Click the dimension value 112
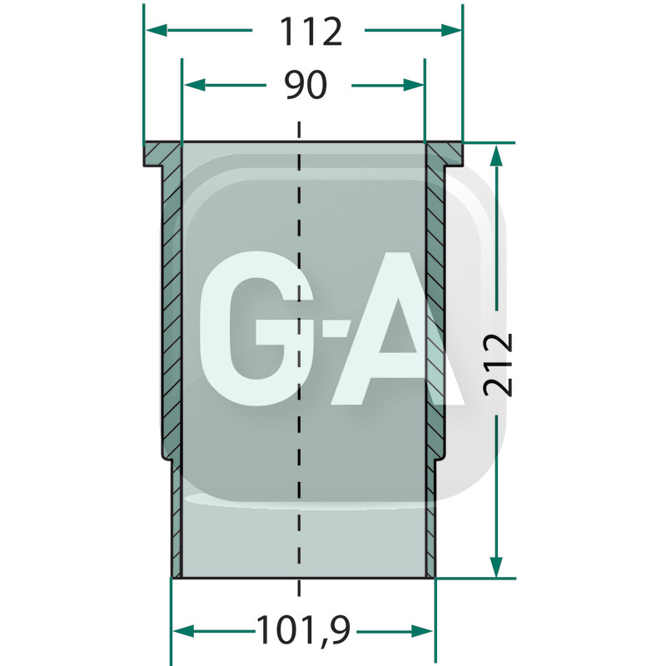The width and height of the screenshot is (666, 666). [311, 32]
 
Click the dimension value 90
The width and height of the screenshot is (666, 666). [306, 85]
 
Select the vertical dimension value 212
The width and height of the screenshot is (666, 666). [498, 365]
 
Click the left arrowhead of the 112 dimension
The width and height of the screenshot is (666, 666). [157, 30]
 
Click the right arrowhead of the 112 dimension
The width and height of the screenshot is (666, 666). [451, 30]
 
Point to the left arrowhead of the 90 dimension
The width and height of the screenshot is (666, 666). [195, 85]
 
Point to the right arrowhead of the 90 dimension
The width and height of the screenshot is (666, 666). [413, 85]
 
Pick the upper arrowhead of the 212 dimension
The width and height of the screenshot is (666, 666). [496, 156]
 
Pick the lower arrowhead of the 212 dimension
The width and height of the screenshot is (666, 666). [496, 567]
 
